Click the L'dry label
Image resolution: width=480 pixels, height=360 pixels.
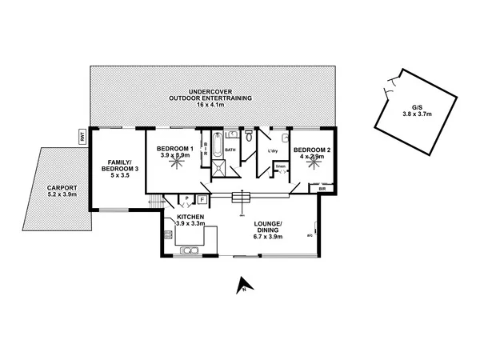tap(272, 150)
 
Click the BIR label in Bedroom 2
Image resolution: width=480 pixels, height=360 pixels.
tap(322, 189)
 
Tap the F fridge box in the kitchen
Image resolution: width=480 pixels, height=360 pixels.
tap(202, 198)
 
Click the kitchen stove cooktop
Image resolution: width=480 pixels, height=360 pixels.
tap(166, 234)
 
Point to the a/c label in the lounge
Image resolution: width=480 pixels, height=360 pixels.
tap(309, 235)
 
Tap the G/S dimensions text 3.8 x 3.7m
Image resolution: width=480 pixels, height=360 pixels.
tap(417, 115)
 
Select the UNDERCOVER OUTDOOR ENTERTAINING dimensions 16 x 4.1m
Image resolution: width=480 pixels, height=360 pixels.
tap(212, 104)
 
